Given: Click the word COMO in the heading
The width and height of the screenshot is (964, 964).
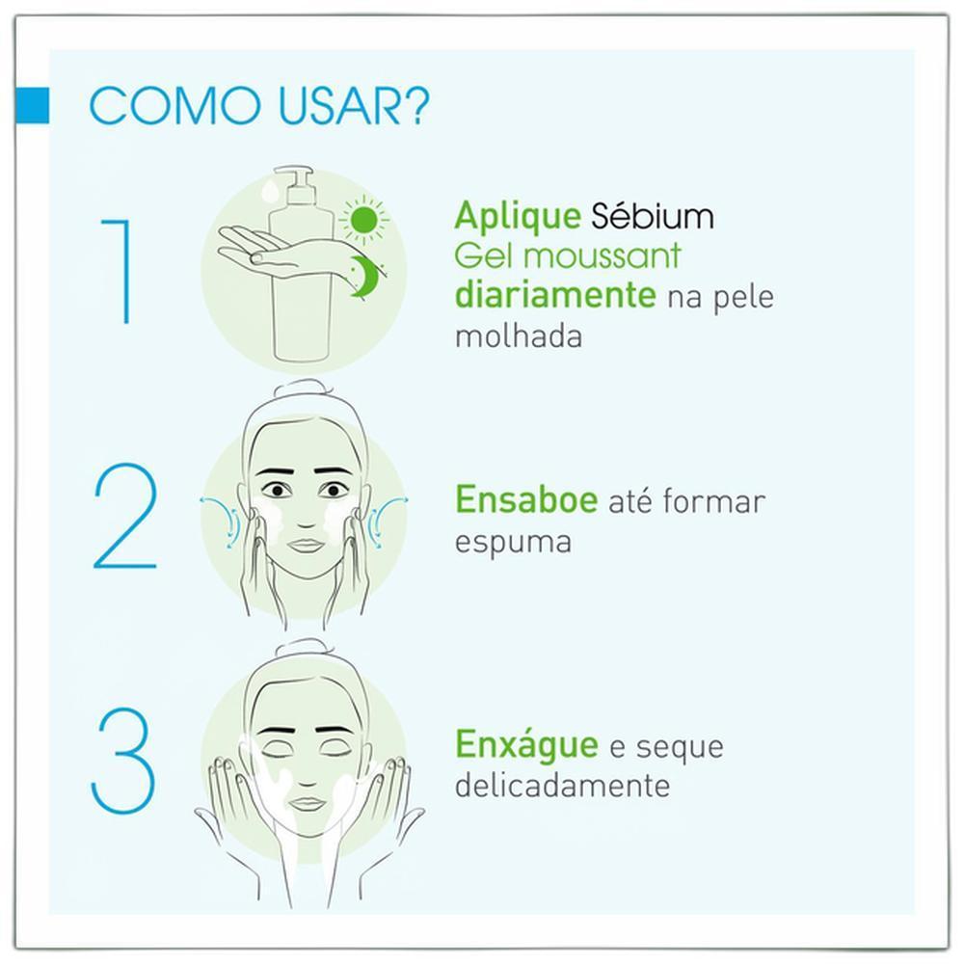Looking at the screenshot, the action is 174,106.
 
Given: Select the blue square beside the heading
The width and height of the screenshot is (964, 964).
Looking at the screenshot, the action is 32,105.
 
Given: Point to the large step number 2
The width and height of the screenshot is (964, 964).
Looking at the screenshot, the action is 124,515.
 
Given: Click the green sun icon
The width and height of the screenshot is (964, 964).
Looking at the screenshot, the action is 364,220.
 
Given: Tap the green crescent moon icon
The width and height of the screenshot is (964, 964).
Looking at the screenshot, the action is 367,276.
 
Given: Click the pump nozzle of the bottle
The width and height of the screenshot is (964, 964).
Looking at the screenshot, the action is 294,175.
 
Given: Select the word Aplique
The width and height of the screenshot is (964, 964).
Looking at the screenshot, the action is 518,216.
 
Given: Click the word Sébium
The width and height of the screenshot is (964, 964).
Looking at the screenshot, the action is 653,215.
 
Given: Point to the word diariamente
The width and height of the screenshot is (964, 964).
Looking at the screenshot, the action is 556,295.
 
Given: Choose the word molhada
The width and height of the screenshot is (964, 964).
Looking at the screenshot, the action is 519,335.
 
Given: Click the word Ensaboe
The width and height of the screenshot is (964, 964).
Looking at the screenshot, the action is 526,499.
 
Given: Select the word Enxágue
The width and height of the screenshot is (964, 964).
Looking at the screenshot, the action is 526,746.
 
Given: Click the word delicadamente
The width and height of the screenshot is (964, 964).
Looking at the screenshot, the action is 562,785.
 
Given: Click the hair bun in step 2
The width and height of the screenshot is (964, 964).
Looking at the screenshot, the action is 303,391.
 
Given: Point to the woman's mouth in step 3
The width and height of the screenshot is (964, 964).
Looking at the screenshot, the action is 308,803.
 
